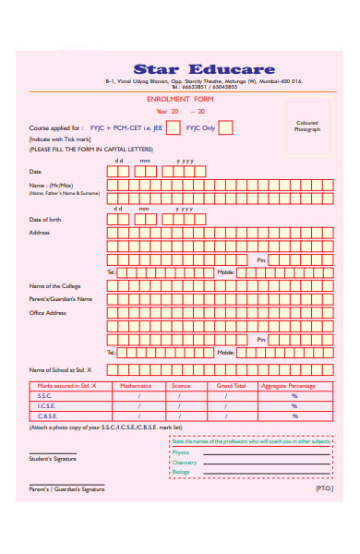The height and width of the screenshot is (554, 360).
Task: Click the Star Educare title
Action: (204, 69)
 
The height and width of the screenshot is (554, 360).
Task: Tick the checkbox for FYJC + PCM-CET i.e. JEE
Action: (173, 128)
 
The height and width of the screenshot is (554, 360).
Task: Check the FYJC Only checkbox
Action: (225, 128)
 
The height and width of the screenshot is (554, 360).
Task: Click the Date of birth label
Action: (45, 220)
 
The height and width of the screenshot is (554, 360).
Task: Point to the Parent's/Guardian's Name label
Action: (61, 299)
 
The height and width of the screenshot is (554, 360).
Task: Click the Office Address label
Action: (48, 313)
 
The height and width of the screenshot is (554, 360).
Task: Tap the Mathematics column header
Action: (136, 385)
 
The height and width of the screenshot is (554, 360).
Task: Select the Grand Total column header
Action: (231, 385)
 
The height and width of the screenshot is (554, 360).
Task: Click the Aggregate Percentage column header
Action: (289, 385)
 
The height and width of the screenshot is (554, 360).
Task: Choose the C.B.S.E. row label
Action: (48, 416)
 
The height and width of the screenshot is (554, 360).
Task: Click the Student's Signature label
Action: (53, 459)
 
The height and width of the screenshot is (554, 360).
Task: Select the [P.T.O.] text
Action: (323, 488)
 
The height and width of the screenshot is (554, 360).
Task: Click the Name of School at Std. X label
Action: (66, 369)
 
